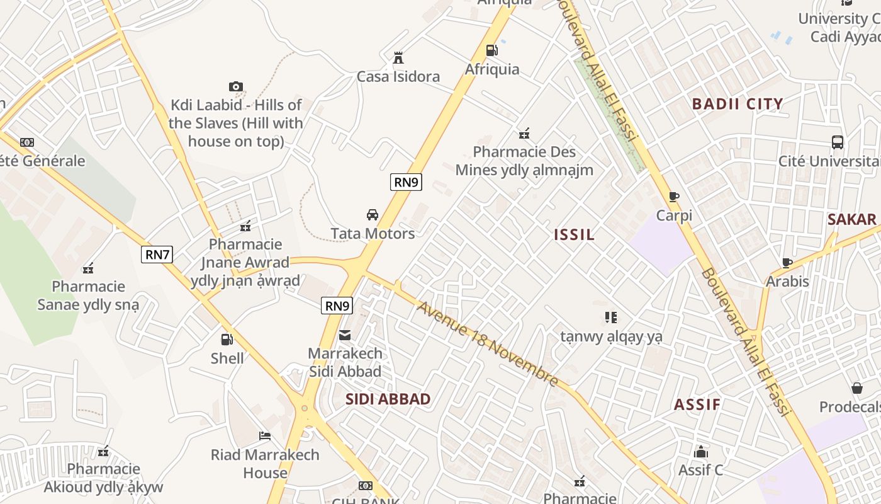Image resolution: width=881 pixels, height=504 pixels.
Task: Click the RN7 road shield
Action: [x=157, y=255]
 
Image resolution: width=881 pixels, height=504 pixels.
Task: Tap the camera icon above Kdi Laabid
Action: [x=236, y=86]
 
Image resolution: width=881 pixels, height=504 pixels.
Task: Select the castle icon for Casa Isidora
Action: [x=398, y=58]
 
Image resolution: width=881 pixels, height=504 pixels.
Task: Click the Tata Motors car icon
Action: [x=373, y=215]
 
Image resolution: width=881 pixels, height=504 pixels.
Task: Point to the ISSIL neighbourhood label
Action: [x=574, y=235]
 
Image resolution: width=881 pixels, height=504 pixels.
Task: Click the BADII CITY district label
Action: [x=738, y=104]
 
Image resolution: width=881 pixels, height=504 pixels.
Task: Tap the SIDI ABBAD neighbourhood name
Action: [x=388, y=399]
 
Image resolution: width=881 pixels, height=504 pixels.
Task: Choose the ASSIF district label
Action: [x=697, y=404]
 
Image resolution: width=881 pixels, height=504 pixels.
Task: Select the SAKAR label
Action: [x=852, y=219]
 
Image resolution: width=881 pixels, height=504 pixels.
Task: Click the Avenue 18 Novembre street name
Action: [x=487, y=344]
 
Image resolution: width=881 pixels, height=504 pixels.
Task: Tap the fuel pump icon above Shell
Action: [x=227, y=340]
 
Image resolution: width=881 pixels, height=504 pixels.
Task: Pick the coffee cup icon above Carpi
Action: [x=674, y=197]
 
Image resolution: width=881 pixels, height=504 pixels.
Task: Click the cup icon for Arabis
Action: [x=787, y=263]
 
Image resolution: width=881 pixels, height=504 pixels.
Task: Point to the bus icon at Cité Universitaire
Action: [x=837, y=142]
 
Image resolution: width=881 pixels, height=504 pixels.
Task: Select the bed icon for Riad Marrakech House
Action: [x=265, y=436]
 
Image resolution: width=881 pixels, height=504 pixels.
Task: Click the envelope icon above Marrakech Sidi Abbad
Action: [x=345, y=335]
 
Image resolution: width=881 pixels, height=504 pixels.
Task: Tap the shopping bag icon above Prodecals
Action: [x=856, y=388]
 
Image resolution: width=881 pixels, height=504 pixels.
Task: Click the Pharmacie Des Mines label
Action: [x=524, y=161]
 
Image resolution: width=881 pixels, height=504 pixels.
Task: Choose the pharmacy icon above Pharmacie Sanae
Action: [x=88, y=268]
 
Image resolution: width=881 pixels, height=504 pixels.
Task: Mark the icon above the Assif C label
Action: [x=700, y=452]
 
